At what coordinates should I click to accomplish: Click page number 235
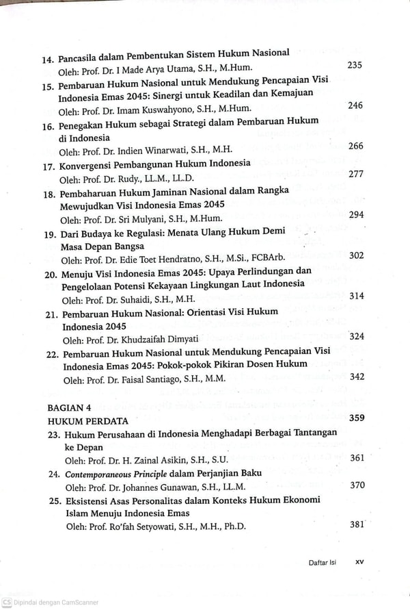pyautogui.click(x=355, y=66)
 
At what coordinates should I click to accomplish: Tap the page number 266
pyautogui.click(x=356, y=146)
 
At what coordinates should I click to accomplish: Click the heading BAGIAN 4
pyautogui.click(x=69, y=407)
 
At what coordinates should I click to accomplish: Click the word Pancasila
pyautogui.click(x=82, y=54)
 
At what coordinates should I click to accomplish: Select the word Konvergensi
pyautogui.click(x=92, y=164)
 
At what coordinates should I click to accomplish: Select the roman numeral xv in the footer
pyautogui.click(x=360, y=562)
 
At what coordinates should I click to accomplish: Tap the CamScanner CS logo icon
pyautogui.click(x=7, y=602)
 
